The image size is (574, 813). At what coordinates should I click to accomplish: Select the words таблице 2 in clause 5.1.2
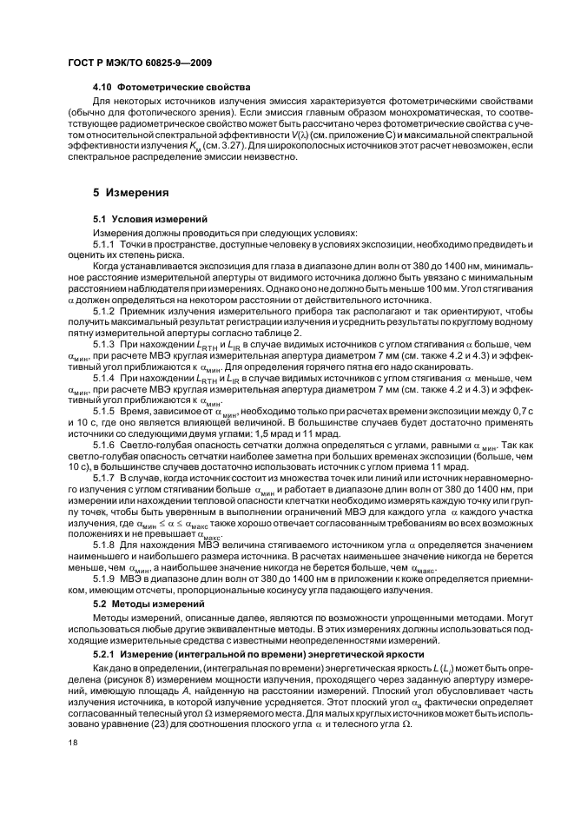(276, 330)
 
